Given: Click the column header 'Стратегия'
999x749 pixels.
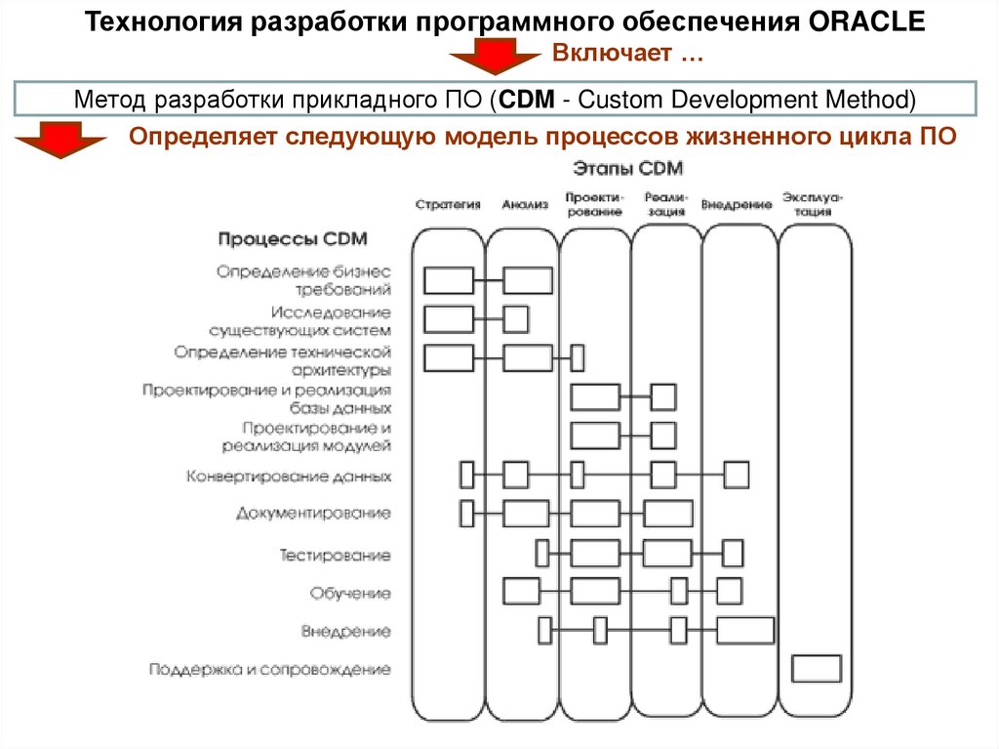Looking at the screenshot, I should (449, 205).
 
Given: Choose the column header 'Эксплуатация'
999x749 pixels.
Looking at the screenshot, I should (813, 204).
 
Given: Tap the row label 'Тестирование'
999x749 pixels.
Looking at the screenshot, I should (336, 556).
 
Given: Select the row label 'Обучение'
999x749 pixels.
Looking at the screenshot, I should (350, 593).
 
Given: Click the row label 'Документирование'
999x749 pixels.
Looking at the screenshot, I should (313, 513).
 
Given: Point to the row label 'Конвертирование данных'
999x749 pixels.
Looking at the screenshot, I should (289, 477).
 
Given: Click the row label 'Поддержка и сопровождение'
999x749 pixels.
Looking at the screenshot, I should (270, 670).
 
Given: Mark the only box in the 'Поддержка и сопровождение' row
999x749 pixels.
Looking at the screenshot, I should (817, 669).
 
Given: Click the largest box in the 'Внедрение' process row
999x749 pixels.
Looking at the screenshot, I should (745, 631).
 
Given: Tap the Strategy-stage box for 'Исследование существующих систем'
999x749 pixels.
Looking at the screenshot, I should (449, 319).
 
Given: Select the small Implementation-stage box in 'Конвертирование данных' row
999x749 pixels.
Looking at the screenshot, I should (737, 475).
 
